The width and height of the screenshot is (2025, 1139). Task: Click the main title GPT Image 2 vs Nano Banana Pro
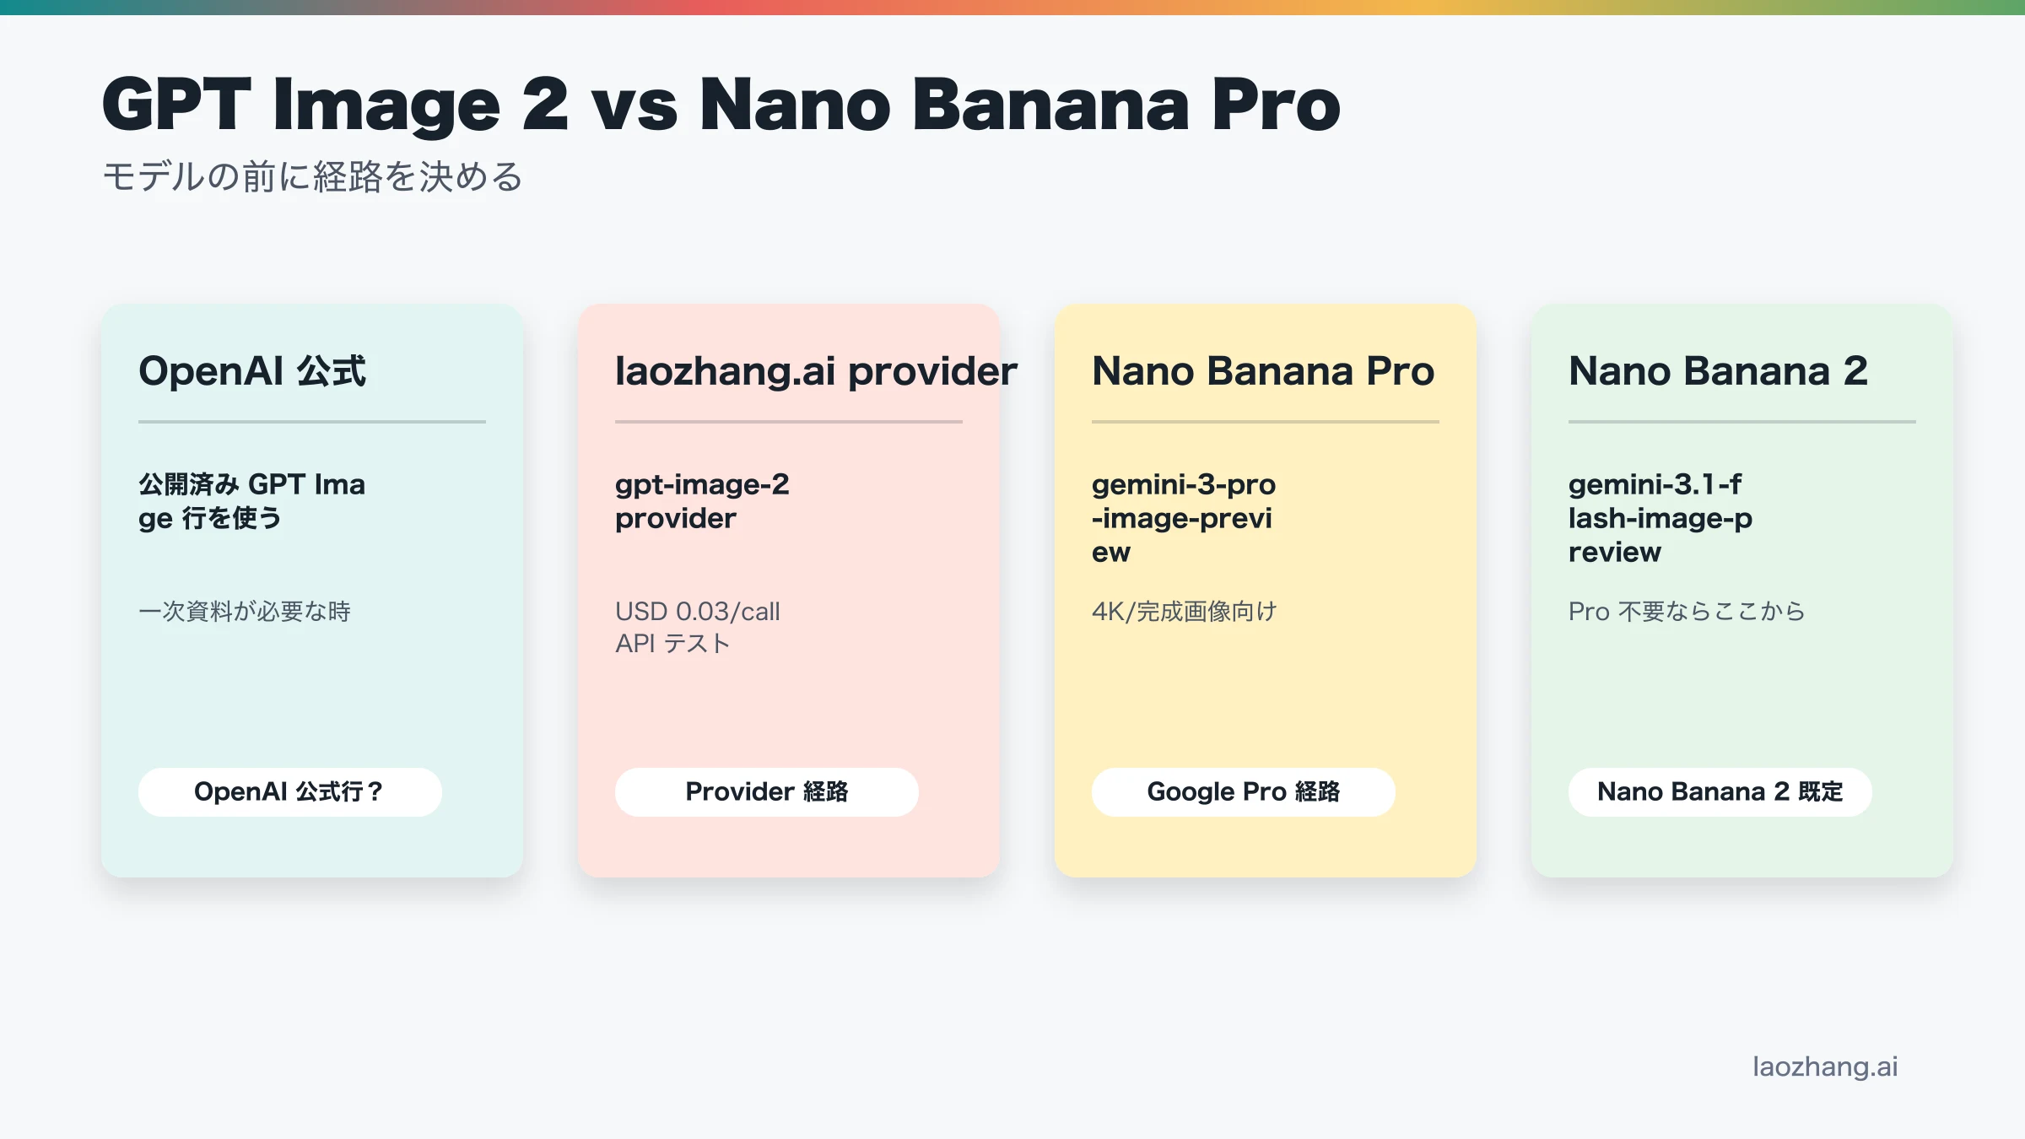pos(721,105)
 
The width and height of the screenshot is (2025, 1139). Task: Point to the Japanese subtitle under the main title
pos(312,177)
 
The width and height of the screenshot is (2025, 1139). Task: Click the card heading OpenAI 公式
pos(252,371)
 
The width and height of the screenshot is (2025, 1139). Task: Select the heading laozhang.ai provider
pos(816,371)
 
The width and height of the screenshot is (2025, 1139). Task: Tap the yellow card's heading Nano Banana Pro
pos(1262,371)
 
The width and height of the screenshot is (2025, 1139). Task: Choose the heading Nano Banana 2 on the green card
pos(1718,371)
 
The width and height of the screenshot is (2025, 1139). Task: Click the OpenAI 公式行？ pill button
pos(289,791)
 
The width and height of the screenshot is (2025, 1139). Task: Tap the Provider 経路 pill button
pos(766,791)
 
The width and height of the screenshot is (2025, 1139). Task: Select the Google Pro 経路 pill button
pos(1243,791)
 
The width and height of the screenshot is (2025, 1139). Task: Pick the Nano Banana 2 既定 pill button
pos(1720,791)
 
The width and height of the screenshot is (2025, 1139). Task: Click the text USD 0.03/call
pos(697,611)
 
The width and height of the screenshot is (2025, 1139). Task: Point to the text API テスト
pos(672,644)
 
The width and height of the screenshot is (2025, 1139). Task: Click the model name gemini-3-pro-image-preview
pos(1183,518)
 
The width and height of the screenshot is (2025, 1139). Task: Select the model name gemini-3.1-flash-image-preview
pos(1660,518)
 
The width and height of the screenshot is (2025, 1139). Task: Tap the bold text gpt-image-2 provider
pos(702,501)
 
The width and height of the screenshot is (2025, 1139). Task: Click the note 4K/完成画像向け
pos(1184,611)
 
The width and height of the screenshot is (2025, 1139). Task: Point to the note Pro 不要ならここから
pos(1686,611)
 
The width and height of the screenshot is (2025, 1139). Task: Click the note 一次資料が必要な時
pos(245,611)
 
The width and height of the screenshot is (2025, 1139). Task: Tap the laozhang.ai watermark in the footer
pos(1825,1066)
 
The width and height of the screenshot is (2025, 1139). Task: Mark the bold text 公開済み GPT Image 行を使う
pos(251,501)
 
